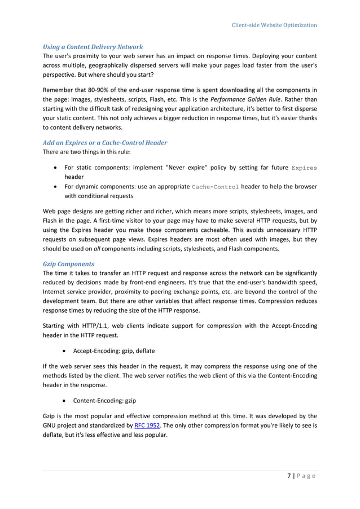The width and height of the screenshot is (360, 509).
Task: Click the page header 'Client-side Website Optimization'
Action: (x=275, y=25)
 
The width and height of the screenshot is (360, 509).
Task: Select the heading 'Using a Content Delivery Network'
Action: (x=93, y=46)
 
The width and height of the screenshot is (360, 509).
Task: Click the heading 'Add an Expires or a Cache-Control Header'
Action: (x=105, y=143)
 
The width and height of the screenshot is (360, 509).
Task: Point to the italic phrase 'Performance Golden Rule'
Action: (x=247, y=98)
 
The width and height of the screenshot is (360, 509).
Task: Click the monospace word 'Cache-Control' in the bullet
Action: (x=216, y=187)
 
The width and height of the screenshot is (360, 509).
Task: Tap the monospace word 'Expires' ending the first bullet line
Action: (x=304, y=168)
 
